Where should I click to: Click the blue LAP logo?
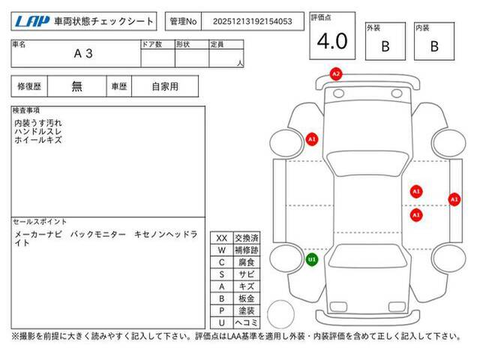32,22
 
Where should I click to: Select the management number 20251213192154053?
253,22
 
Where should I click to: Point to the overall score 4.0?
332,41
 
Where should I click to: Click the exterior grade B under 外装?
385,46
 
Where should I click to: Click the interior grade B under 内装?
434,46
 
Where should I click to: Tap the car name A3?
83,53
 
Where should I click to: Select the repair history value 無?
76,86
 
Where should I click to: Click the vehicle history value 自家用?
165,87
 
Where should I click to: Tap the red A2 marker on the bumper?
336,74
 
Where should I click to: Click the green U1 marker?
312,260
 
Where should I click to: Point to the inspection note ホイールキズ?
38,140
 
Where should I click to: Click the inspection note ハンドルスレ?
38,132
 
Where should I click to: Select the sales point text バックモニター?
98,235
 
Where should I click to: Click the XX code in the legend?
222,238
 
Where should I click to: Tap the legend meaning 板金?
247,298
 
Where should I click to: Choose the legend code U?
222,322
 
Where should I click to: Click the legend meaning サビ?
247,274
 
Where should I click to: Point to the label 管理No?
183,22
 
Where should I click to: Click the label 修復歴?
29,87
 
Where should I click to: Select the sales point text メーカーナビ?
38,235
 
